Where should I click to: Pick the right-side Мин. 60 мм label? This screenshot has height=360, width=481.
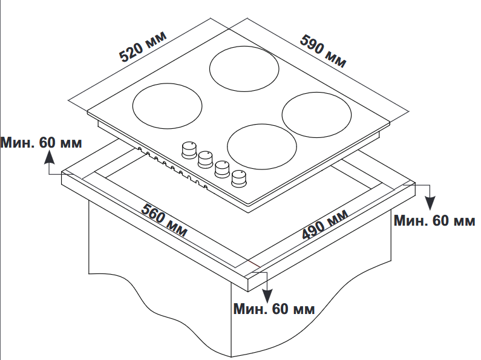pyautogui.click(x=434, y=220)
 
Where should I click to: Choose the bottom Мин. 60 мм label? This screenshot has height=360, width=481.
pyautogui.click(x=274, y=309)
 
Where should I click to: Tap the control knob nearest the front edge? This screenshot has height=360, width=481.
pyautogui.click(x=240, y=177)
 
